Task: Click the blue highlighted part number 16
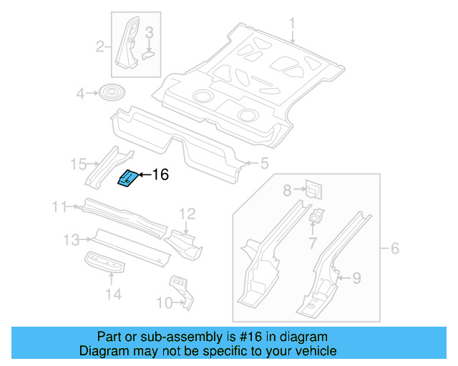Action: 127,179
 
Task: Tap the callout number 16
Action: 160,174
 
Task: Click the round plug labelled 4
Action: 111,93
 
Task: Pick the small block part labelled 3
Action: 148,51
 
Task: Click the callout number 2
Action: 101,48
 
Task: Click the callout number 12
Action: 187,213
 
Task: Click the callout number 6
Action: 394,249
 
